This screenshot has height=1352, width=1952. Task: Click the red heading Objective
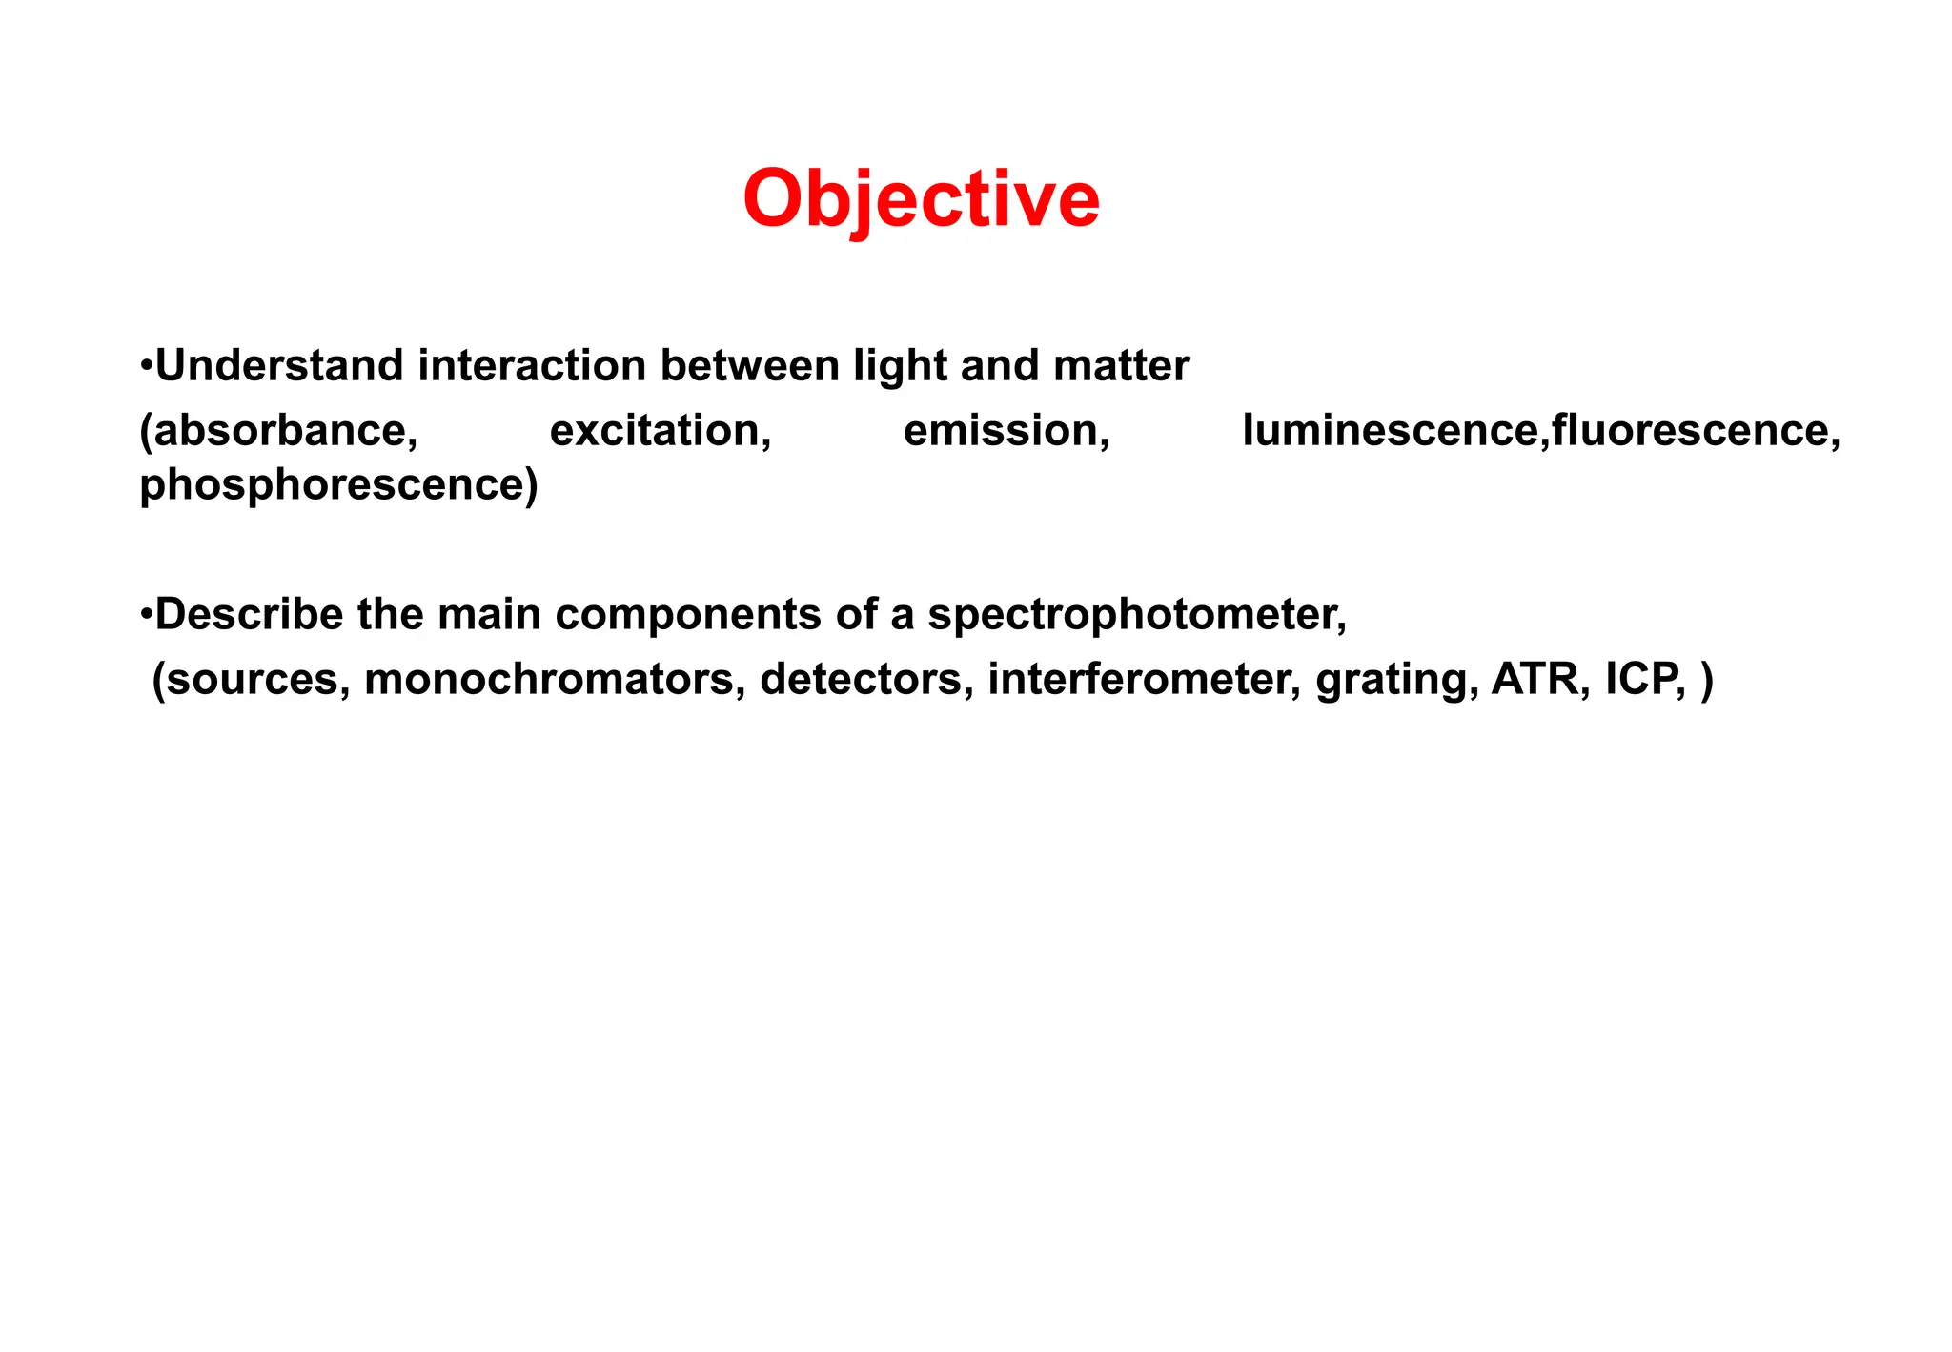point(921,198)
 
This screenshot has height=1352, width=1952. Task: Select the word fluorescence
point(1690,431)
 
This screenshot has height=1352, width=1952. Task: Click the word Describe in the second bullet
point(248,615)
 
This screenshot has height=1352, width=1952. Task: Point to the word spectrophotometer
point(1134,615)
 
